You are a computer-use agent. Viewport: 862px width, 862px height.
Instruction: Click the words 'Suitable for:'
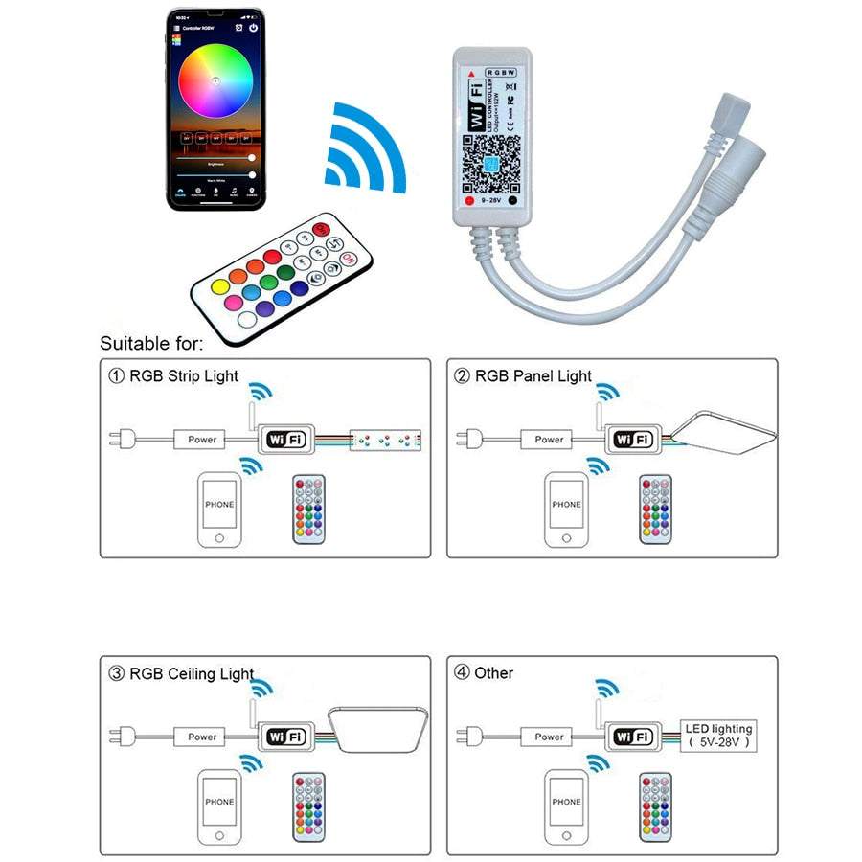pos(151,343)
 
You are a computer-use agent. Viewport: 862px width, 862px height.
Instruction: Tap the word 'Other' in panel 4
pos(493,673)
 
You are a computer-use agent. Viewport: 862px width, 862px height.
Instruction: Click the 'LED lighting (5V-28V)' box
pos(718,736)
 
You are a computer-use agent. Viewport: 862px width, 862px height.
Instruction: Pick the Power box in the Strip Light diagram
pos(202,440)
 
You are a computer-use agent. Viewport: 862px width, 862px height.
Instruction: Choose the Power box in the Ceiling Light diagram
pos(202,737)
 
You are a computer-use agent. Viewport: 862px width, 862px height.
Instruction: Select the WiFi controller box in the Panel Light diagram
pos(632,440)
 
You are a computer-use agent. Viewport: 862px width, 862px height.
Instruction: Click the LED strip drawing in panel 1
pos(385,440)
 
